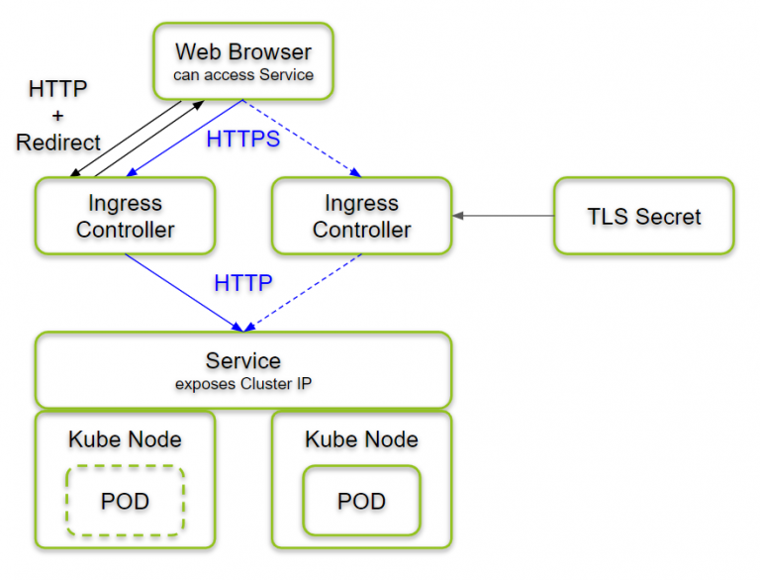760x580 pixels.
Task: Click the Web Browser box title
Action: click(243, 51)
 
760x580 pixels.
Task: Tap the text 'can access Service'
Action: click(243, 74)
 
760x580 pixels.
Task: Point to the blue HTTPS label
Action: click(243, 140)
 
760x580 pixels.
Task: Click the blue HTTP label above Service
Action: click(243, 283)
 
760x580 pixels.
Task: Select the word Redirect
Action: click(58, 143)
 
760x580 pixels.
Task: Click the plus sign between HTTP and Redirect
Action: click(57, 116)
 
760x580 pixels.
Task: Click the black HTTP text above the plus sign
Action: click(57, 89)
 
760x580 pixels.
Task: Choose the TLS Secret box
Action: click(644, 216)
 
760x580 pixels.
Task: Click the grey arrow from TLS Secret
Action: click(503, 216)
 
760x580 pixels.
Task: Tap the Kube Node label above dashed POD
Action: click(125, 439)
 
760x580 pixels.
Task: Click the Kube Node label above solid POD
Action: click(361, 439)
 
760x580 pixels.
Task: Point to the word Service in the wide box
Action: click(243, 361)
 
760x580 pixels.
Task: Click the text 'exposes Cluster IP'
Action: click(243, 384)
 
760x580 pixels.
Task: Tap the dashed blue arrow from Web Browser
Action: click(302, 139)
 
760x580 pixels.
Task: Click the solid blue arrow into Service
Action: click(184, 293)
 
